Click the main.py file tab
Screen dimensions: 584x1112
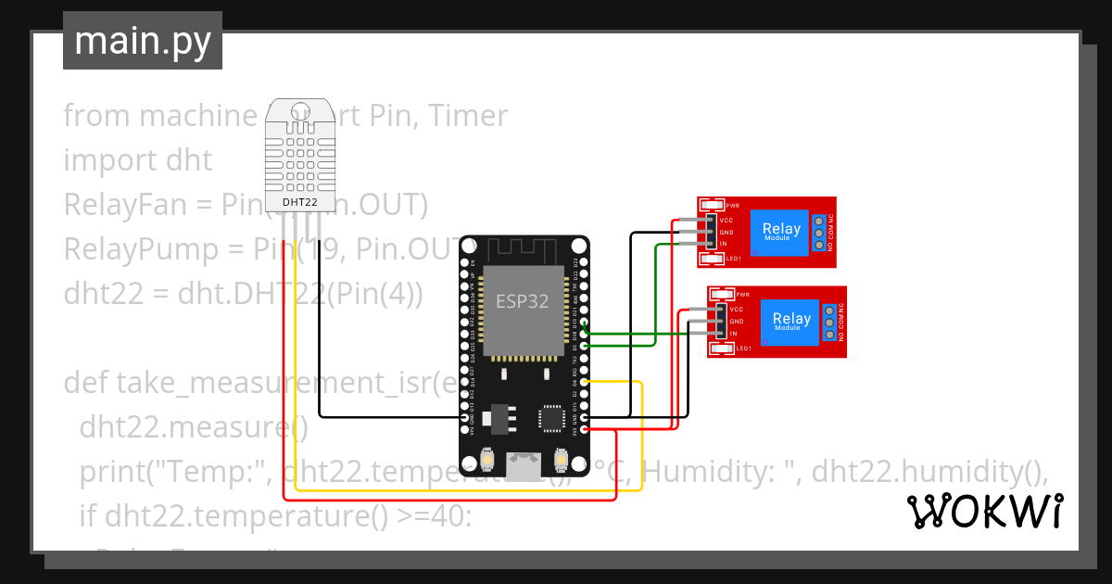pyautogui.click(x=142, y=42)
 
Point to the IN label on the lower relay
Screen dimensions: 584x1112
pyautogui.click(x=733, y=333)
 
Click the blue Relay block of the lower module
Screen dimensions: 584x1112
pyautogui.click(x=791, y=321)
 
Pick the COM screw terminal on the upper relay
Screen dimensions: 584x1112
pyautogui.click(x=819, y=234)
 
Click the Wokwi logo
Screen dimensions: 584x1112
pyautogui.click(x=984, y=511)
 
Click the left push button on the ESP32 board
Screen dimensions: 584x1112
pyautogui.click(x=487, y=461)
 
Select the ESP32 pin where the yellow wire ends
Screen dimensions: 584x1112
pyautogui.click(x=586, y=382)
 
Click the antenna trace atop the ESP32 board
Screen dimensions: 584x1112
pyautogui.click(x=525, y=248)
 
